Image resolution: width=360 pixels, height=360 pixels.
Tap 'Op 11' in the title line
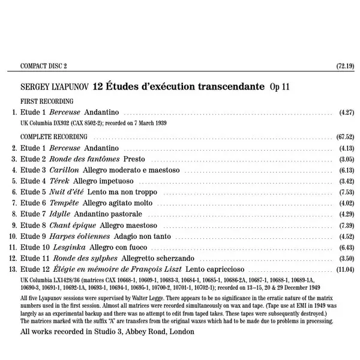click(280, 86)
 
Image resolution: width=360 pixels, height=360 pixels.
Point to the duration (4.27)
click(347, 112)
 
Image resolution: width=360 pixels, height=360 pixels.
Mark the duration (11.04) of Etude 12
click(346, 269)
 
